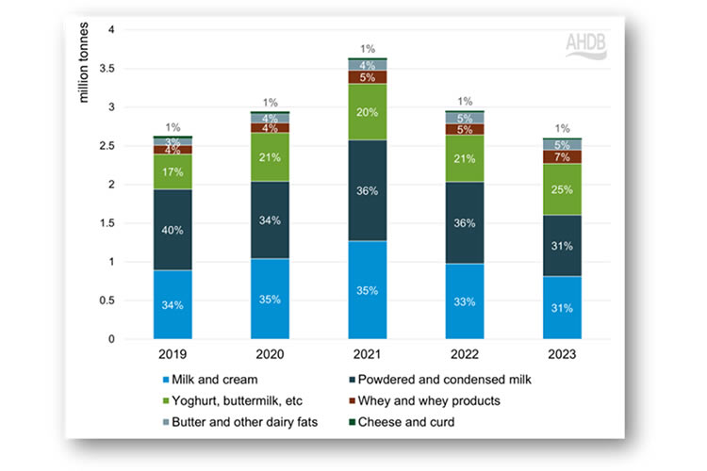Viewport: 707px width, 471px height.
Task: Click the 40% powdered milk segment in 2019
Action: point(173,230)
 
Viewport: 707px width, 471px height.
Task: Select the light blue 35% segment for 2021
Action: point(368,290)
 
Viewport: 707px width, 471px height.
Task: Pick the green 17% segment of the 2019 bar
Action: point(173,171)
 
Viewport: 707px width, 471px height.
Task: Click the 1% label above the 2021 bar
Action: point(368,49)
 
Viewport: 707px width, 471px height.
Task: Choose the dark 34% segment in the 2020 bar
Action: point(271,220)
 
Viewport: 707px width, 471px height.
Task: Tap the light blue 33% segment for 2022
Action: point(464,301)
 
